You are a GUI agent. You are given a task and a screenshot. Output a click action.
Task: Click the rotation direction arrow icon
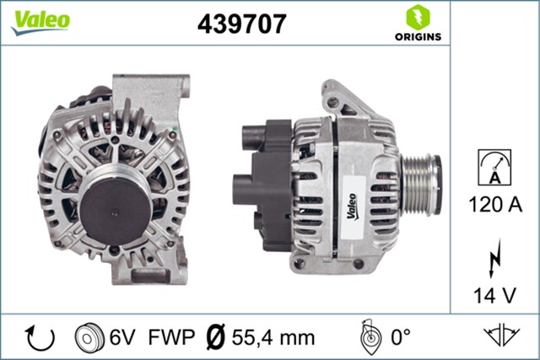coord(40,338)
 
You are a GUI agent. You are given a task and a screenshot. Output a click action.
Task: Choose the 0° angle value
coord(399,338)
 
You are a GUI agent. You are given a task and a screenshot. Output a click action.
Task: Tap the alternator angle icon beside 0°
coord(367,337)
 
